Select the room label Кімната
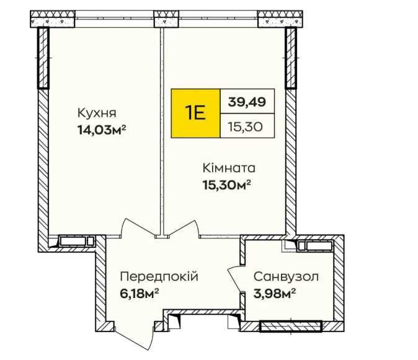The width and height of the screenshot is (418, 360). [229, 168]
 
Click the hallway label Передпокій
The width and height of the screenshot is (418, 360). [159, 276]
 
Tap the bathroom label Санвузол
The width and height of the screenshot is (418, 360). [286, 276]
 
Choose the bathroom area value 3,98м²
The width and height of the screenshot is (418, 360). [273, 292]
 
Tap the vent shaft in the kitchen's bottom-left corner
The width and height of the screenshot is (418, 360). [76, 241]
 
